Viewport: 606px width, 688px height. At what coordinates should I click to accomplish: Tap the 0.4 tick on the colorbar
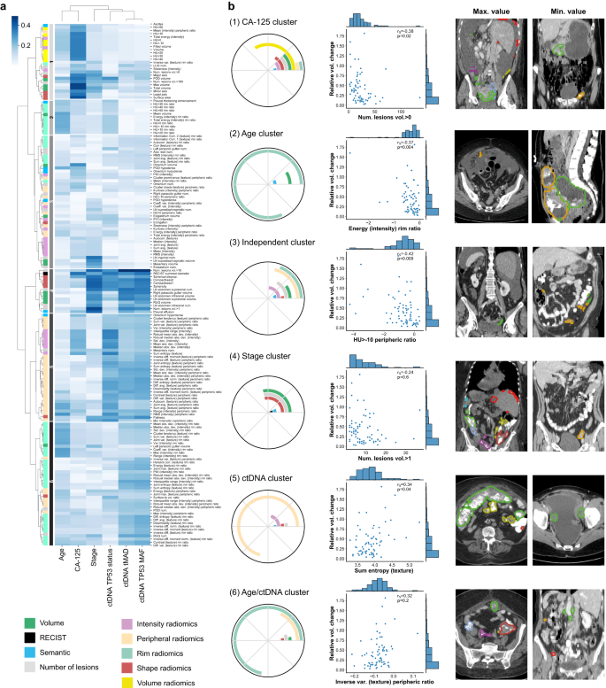[25, 25]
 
